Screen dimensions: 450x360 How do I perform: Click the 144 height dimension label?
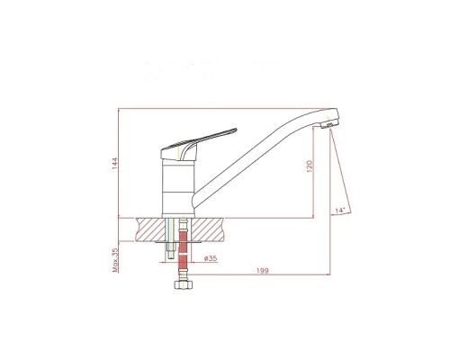(x=115, y=163)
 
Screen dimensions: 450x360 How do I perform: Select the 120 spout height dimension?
(x=310, y=166)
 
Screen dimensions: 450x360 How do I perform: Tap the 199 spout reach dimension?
(x=263, y=271)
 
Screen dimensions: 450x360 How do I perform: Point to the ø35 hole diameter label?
(x=211, y=258)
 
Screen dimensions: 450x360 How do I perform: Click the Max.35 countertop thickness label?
(x=115, y=260)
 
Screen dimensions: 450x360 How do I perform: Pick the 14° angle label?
(x=339, y=211)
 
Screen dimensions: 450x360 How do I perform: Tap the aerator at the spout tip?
(x=329, y=124)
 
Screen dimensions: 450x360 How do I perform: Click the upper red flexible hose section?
(x=183, y=241)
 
